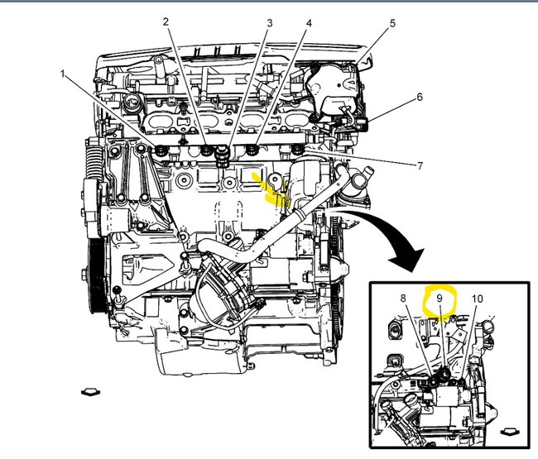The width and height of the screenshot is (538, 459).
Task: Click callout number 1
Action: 64,74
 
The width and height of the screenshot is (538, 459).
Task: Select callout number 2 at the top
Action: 166,22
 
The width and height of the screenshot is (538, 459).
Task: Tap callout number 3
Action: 269,23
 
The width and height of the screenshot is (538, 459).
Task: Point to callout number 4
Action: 308,23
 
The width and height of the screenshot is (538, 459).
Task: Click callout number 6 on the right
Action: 419,97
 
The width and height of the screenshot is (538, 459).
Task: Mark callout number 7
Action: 420,165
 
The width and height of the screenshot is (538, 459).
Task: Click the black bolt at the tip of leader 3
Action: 222,155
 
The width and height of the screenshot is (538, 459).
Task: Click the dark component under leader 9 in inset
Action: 444,376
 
